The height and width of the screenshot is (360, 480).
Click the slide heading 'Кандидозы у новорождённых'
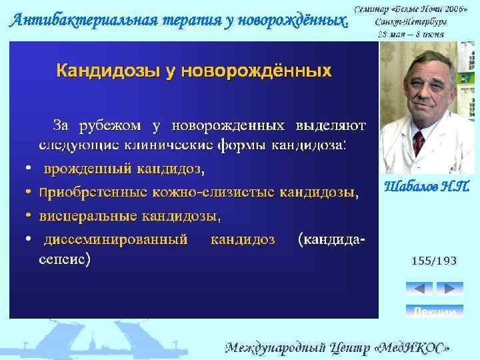193,71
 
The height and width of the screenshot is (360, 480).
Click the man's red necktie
419,142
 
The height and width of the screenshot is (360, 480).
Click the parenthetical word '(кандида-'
331,239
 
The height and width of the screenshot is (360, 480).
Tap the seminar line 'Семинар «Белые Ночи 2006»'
411,9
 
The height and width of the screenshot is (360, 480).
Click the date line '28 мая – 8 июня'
411,33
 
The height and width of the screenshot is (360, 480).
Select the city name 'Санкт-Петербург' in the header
411,21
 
